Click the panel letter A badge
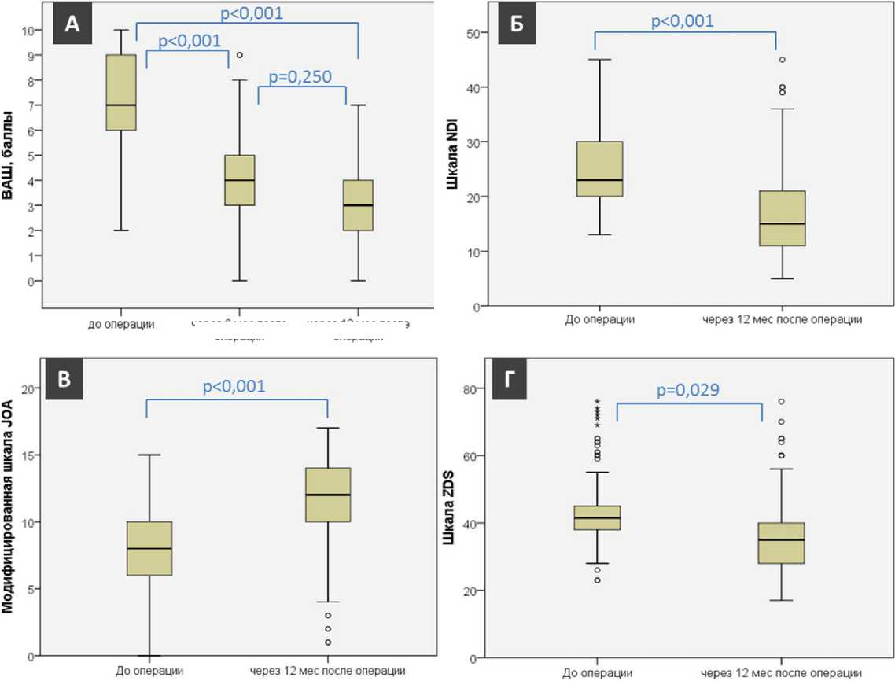pos(72,24)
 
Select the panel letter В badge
pos(65,379)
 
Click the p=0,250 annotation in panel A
pos(302,77)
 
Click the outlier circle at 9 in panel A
pos(239,55)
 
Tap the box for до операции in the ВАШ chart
pos(121,93)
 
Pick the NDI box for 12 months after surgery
pos(783,218)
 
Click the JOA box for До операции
pos(149,548)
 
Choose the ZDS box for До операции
pos(598,517)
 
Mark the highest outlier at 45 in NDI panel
pos(782,60)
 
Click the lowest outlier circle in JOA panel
pos(328,642)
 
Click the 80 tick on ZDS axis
pos(475,388)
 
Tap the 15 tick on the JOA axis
pos(28,455)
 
